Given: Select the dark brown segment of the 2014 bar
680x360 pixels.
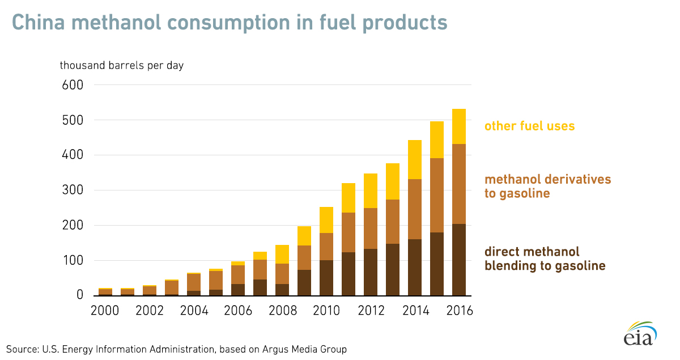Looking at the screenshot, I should tap(414, 267).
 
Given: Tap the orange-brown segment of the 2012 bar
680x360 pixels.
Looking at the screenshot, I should tap(370, 228).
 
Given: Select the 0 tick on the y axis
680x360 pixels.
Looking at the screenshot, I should tap(79, 295).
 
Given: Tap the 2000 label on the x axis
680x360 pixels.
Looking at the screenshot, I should tap(105, 311).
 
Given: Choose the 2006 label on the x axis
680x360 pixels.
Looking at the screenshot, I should tap(237, 311).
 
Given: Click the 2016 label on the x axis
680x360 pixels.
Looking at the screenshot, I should tap(458, 311).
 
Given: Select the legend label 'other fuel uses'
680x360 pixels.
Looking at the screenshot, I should tap(529, 126).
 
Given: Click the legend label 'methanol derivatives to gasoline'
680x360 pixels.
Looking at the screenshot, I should tap(547, 187).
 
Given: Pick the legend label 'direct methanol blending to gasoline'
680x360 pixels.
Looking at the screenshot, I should tap(545, 259).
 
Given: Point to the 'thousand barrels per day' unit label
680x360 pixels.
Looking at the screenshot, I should tap(122, 65).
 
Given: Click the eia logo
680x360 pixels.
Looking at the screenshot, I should tap(640, 334).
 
